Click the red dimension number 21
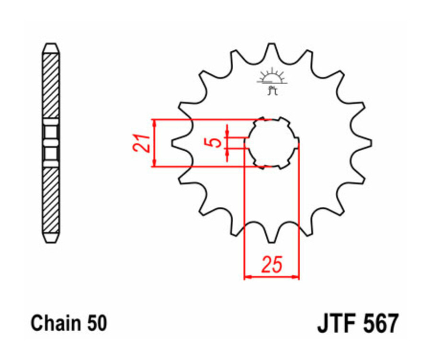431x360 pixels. (x=140, y=143)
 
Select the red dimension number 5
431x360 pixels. (x=216, y=142)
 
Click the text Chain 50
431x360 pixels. (x=69, y=324)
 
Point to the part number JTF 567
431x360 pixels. (x=357, y=324)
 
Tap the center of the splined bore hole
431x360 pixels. (x=272, y=143)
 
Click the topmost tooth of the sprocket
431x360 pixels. (x=272, y=48)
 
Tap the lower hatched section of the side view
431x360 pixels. (x=51, y=199)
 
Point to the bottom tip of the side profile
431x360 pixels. (x=51, y=240)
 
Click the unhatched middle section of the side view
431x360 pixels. (x=51, y=143)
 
